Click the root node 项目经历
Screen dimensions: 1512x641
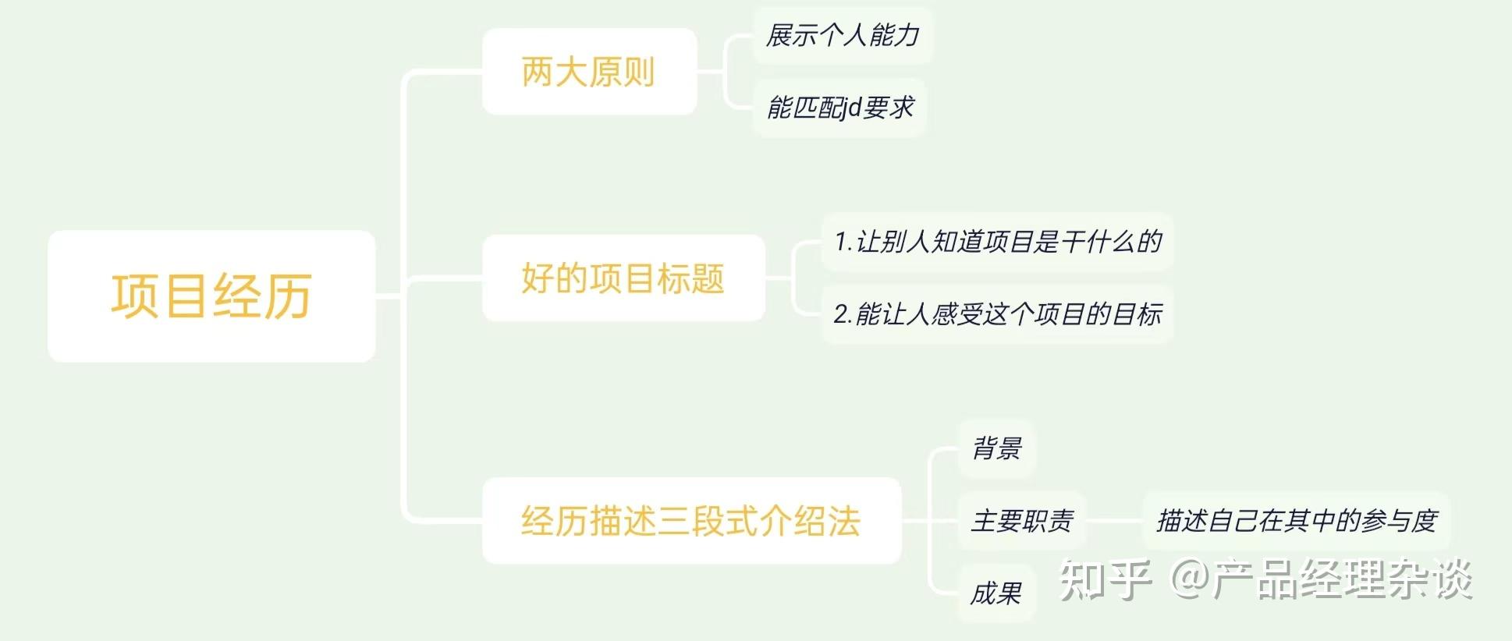(x=211, y=296)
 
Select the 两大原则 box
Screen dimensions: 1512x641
(x=589, y=72)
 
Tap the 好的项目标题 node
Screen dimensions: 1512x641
(x=623, y=278)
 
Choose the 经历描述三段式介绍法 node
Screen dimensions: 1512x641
(x=691, y=521)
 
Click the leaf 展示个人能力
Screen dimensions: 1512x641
(x=843, y=35)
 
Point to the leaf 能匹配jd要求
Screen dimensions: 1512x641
(x=839, y=108)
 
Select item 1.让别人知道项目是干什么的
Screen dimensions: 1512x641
(x=997, y=242)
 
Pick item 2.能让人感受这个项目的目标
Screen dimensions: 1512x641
(x=997, y=314)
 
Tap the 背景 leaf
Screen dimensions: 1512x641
(x=996, y=448)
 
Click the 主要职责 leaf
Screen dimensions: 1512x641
(x=1022, y=520)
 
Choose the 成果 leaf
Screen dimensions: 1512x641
(x=996, y=593)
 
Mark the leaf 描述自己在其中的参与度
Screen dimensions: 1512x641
(x=1296, y=520)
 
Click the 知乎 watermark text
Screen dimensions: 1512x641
(x=1105, y=580)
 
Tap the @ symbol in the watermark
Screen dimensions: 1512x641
(x=1190, y=580)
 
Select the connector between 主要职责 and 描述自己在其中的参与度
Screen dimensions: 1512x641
(x=1114, y=520)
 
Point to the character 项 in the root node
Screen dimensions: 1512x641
(x=135, y=296)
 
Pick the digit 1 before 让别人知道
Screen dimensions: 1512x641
(x=840, y=242)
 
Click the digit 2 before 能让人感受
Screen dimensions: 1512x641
(x=841, y=314)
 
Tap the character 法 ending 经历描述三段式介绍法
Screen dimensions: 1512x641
(x=844, y=521)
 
